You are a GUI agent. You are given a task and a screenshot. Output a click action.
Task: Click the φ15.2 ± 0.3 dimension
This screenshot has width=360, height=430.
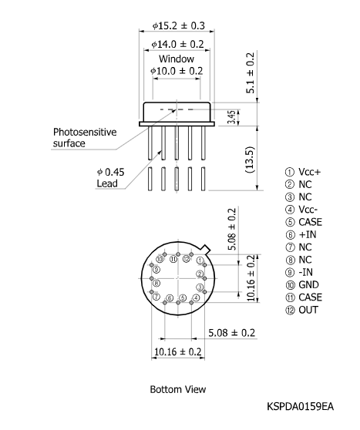point(177,25)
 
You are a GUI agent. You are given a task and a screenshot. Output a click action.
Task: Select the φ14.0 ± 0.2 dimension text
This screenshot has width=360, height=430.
point(177,45)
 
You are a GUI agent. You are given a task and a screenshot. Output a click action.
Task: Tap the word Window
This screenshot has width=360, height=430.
point(177,59)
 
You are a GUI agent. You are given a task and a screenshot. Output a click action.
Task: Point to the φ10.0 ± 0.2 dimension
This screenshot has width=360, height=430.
point(177,71)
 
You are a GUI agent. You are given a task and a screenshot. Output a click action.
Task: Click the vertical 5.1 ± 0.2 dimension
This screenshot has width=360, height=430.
point(250,73)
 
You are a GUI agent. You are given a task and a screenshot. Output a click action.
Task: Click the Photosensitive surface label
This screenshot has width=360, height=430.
point(85,137)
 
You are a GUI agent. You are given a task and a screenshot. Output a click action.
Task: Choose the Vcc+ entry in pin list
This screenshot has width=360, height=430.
point(301,172)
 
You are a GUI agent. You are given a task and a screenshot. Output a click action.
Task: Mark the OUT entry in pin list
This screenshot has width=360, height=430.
point(301,311)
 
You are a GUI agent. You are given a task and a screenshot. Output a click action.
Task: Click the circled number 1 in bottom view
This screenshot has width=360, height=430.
point(200,260)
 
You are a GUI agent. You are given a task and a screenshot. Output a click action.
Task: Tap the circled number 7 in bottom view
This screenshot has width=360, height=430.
point(156,297)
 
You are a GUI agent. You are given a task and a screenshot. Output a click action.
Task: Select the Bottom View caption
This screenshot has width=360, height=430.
point(177,389)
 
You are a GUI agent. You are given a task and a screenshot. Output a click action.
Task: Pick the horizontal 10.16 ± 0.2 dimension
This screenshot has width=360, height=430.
point(178,351)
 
